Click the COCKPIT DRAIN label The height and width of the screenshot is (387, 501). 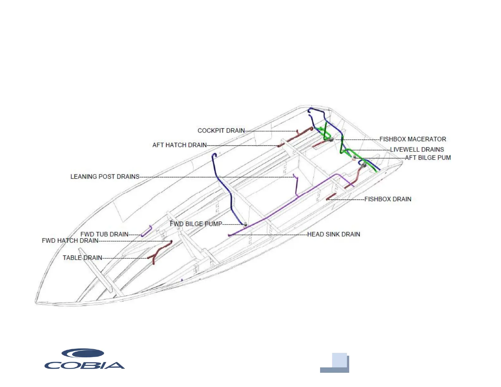click(x=221, y=131)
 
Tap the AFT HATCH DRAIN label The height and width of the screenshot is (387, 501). click(x=179, y=145)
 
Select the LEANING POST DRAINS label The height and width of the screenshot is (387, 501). click(x=105, y=176)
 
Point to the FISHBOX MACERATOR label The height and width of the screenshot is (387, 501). click(x=413, y=139)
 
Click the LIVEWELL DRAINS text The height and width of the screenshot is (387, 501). click(x=417, y=150)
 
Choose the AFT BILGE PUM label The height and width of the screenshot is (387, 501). click(x=428, y=158)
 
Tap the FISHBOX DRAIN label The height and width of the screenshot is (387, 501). click(x=388, y=199)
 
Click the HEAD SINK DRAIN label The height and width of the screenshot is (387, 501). click(x=334, y=234)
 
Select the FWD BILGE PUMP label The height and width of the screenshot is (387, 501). click(x=196, y=224)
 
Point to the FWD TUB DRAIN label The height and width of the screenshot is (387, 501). click(x=104, y=234)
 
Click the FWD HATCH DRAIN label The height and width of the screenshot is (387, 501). click(x=70, y=241)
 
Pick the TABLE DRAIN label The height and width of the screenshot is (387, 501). click(x=82, y=258)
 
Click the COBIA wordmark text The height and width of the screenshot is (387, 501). click(x=84, y=365)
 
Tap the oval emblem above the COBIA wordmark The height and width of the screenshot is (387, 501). click(x=83, y=353)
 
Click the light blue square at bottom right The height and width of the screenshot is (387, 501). click(x=339, y=360)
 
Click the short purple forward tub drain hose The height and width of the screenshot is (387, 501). click(x=146, y=231)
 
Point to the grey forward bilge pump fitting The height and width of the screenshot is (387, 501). click(x=245, y=224)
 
